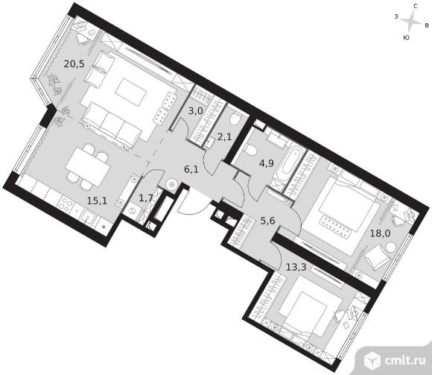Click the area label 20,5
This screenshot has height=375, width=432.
pos(74,64)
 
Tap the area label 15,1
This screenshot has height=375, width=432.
pos(97,201)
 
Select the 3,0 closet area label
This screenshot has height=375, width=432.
pos(196,111)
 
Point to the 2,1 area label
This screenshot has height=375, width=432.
pos(224,136)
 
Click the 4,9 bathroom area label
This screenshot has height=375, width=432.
pos(267,163)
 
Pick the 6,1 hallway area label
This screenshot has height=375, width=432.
pos(191,169)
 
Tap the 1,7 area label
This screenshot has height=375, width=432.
pos(146,198)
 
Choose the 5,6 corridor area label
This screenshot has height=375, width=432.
pos(268,221)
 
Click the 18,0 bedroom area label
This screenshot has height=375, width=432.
pos(380,233)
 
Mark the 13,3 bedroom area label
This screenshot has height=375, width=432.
pos(296,267)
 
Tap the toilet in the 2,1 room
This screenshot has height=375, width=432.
pos(235,119)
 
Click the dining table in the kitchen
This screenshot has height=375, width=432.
pos(88,166)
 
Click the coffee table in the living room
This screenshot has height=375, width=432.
pos(131,92)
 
